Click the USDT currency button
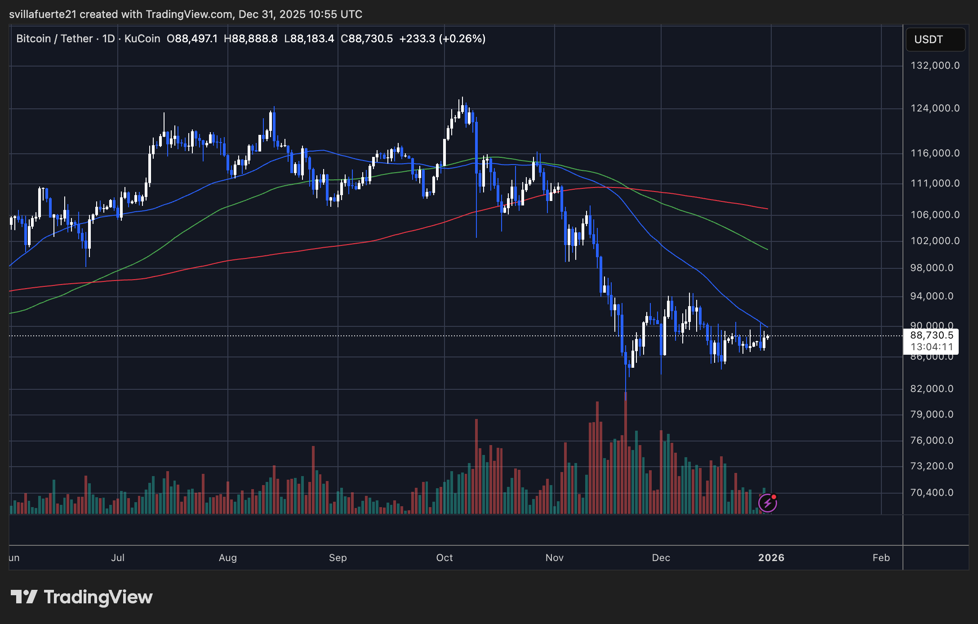[935, 40]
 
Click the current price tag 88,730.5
[931, 335]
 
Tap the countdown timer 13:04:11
[931, 347]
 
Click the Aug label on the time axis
[227, 558]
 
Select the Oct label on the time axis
[445, 558]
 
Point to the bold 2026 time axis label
[771, 558]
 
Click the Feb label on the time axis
[881, 558]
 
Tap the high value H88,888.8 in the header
[251, 39]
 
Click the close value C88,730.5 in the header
[367, 39]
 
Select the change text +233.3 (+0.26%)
[442, 39]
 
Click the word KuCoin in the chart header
[142, 39]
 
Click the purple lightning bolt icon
[767, 503]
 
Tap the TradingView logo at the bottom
[81, 597]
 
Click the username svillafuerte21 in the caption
[43, 14]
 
